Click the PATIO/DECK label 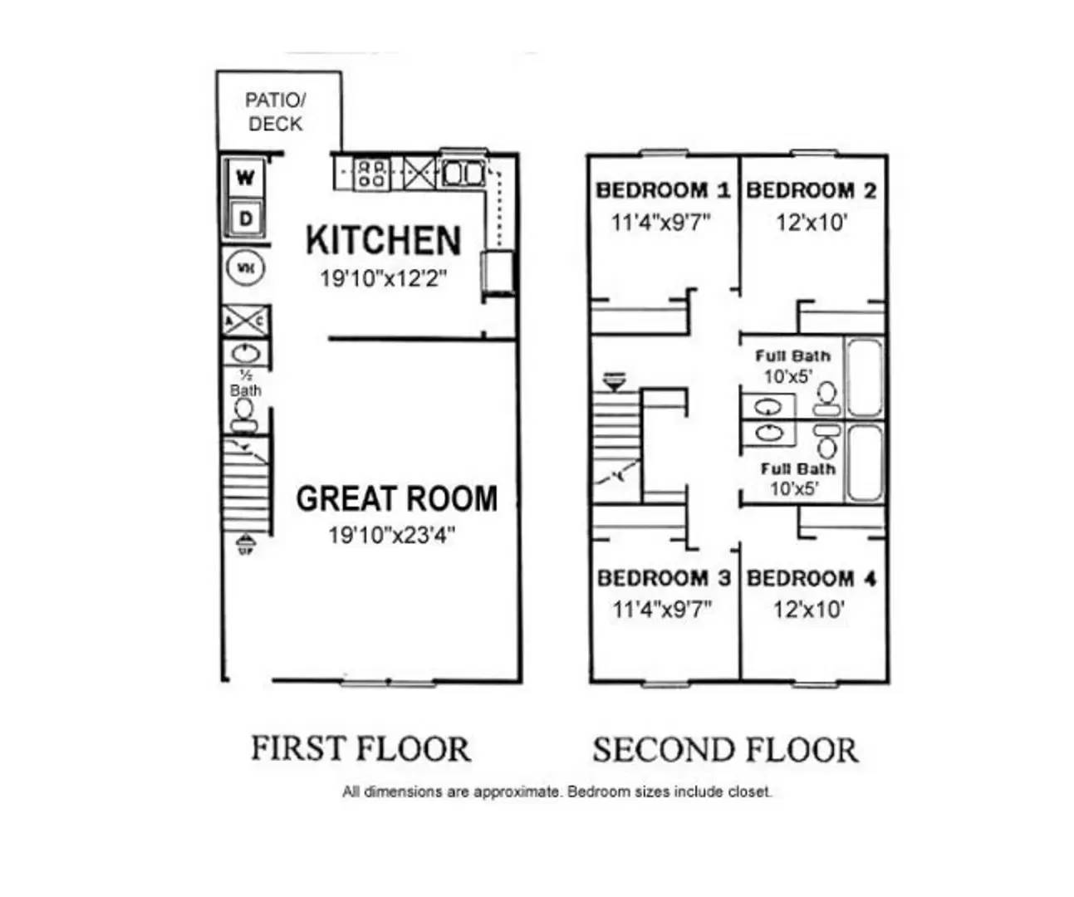point(276,112)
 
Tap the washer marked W point(245,178)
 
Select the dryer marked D point(245,218)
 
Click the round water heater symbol point(245,267)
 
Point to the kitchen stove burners point(371,173)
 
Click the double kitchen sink point(462,173)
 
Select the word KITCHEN point(383,240)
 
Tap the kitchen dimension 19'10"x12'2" point(383,278)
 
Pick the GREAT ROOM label point(396,498)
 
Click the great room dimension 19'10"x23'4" point(391,535)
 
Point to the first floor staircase point(246,486)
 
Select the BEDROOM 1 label point(663,190)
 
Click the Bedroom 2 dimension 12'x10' point(811,223)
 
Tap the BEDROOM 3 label point(663,578)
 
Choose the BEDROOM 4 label point(811,578)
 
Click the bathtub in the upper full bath point(865,377)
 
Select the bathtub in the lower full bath point(865,463)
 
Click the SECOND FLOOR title point(725,750)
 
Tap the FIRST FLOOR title point(360,748)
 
